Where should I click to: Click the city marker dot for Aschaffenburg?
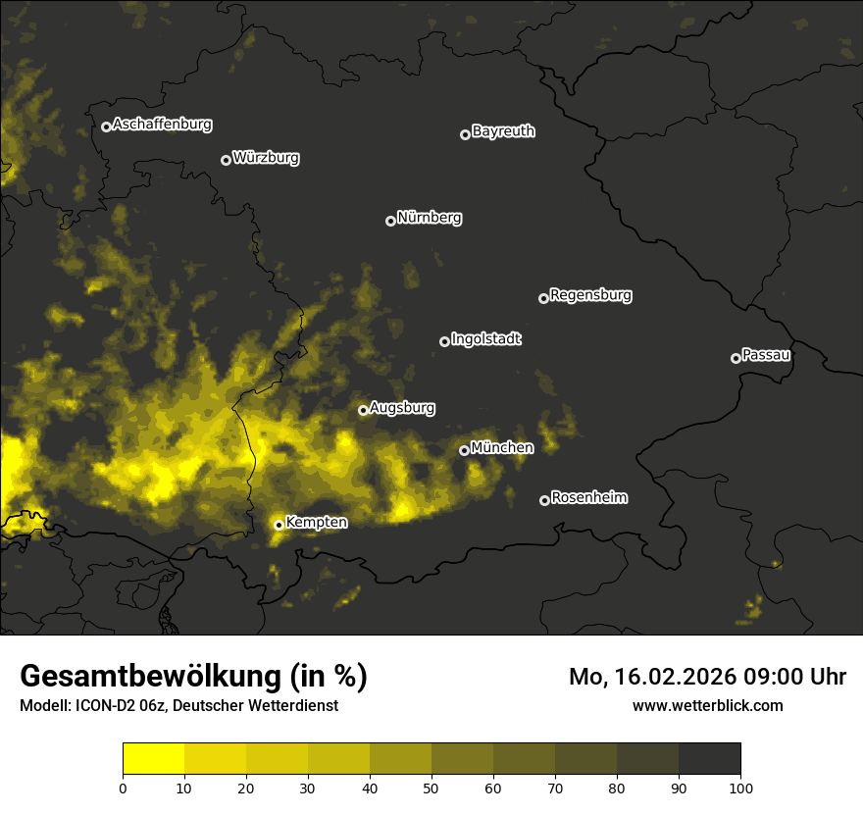[106, 127]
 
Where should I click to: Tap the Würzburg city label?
[266, 158]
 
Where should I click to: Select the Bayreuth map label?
[503, 131]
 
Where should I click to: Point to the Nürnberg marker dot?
[390, 221]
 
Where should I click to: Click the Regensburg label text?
[590, 295]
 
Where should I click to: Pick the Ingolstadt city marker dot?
[444, 341]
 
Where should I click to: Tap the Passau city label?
[766, 355]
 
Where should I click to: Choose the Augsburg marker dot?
[363, 410]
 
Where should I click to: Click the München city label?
[502, 448]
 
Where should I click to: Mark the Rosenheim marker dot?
[544, 501]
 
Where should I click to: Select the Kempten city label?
[316, 523]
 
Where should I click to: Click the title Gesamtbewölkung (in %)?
[193, 677]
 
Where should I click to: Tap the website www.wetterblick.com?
[707, 705]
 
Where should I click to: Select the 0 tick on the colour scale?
[123, 787]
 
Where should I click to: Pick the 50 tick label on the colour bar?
[431, 787]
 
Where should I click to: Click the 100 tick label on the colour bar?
[740, 787]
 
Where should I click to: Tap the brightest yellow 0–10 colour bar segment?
[154, 759]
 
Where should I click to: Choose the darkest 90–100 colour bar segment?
[709, 759]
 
